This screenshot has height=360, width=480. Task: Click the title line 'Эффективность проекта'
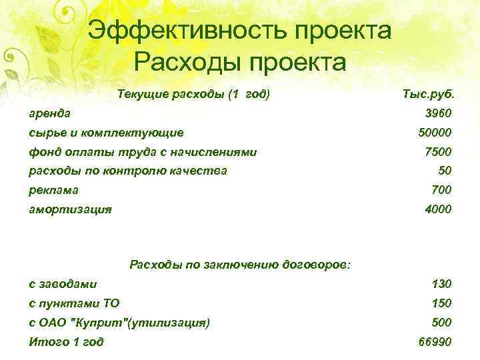point(239,31)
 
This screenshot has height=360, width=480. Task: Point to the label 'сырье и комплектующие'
point(106,133)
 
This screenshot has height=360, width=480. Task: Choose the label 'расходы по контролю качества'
point(127,171)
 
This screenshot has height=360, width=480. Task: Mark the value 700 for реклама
point(441,190)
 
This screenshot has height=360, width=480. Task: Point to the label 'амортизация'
point(70,209)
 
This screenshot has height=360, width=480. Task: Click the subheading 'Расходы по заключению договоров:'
point(239,265)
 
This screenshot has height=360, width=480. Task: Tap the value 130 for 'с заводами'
point(441,285)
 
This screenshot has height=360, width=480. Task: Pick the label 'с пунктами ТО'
point(74,303)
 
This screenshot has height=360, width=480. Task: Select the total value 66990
point(433,342)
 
